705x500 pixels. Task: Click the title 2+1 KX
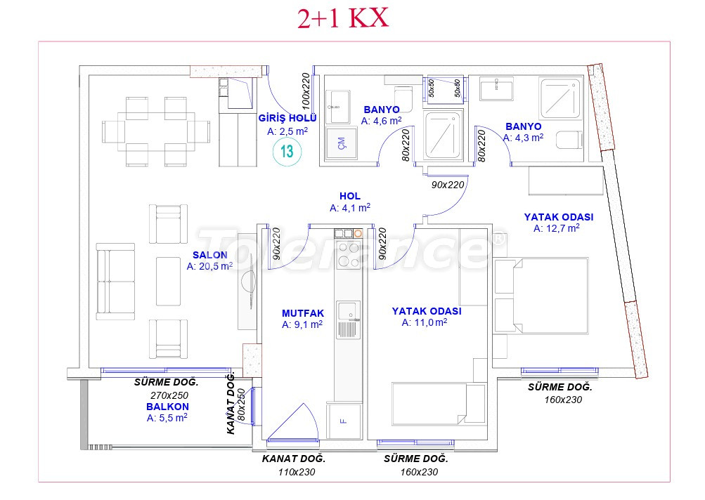[342, 19]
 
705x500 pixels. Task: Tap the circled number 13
[287, 152]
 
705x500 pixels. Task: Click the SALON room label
[210, 255]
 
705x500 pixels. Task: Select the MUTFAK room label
[303, 314]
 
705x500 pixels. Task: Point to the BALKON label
[167, 407]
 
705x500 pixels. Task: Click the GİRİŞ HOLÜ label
[287, 118]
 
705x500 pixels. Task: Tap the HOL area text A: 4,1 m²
[350, 208]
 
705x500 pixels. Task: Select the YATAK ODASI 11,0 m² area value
[425, 322]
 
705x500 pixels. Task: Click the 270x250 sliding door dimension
[169, 395]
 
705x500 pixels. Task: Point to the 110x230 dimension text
[297, 472]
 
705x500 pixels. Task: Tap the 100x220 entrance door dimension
[306, 92]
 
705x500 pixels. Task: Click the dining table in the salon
[156, 132]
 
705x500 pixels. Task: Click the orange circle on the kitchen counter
[358, 234]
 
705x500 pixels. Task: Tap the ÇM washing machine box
[342, 143]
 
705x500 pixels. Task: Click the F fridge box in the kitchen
[344, 421]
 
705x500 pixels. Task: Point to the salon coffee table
[169, 281]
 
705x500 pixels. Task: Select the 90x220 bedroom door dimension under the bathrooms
[447, 185]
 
